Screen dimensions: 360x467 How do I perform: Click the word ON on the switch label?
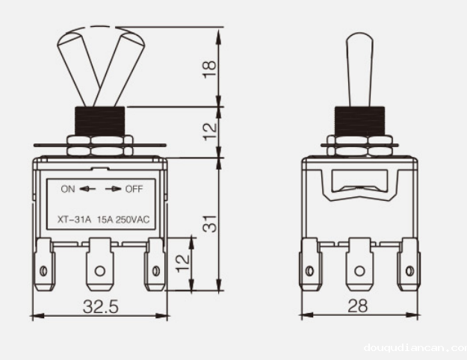coord(68,189)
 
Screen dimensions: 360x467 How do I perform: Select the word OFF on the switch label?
coord(134,189)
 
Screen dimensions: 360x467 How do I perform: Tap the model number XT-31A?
coord(74,220)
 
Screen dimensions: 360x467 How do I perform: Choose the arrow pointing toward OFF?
coord(114,189)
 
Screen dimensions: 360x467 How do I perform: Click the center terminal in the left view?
coord(99,265)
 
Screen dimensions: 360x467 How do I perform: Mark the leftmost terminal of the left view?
coord(46,265)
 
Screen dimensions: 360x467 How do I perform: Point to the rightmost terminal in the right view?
coord(409,265)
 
